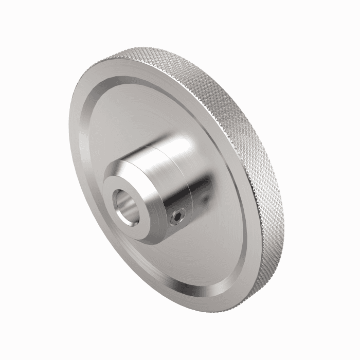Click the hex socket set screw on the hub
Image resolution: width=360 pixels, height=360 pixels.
pyautogui.click(x=177, y=220)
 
